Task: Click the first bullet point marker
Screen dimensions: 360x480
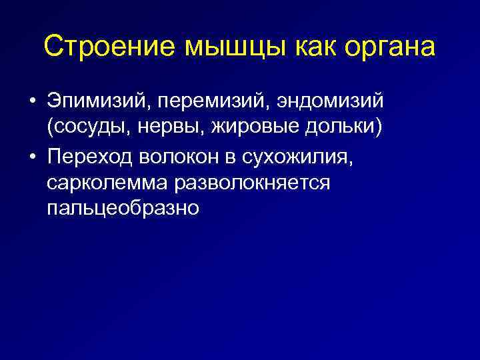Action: pyautogui.click(x=31, y=103)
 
